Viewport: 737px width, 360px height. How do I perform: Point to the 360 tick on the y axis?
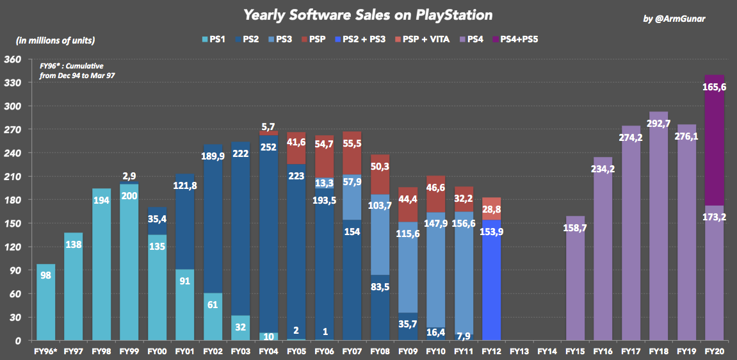tap(13, 60)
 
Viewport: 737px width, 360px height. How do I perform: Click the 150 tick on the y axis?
tap(13, 224)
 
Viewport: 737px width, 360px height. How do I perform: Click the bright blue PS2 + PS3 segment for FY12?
tap(492, 282)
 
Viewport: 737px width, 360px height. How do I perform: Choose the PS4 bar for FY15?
tap(576, 282)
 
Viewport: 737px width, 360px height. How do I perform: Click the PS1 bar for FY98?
tap(101, 269)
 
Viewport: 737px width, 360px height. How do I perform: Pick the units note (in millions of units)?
tap(56, 40)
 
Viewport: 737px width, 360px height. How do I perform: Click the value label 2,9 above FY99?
tap(129, 176)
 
